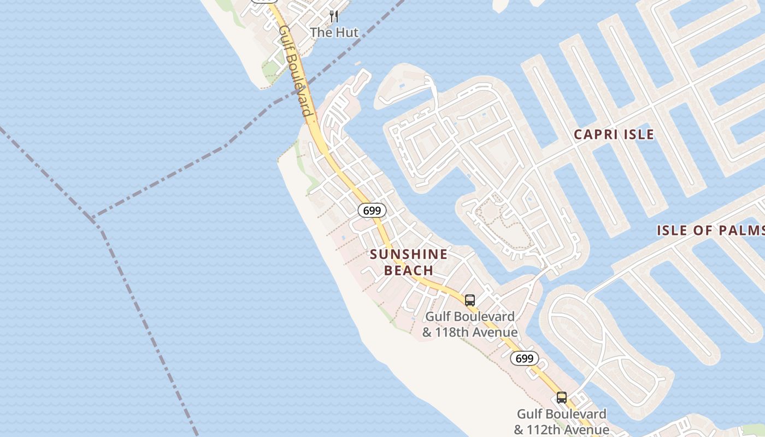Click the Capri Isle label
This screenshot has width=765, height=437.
(614, 134)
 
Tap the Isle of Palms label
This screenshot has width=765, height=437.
(710, 230)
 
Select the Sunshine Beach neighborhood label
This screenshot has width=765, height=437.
(409, 262)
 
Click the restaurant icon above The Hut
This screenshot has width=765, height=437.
(334, 17)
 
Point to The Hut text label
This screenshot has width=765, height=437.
(334, 33)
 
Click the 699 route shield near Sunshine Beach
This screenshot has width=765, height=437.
(372, 210)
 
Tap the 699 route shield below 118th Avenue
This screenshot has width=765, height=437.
(525, 358)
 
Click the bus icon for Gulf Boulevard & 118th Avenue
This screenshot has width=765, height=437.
(470, 300)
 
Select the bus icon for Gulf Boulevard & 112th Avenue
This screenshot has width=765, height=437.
(561, 398)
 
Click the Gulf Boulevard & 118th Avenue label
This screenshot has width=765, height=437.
(470, 324)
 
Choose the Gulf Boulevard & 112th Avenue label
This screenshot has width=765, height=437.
(562, 422)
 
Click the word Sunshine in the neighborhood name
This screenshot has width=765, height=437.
(409, 255)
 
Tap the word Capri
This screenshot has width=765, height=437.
(595, 134)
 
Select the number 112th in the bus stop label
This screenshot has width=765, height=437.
(548, 429)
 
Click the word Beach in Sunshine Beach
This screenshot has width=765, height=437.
(409, 270)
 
